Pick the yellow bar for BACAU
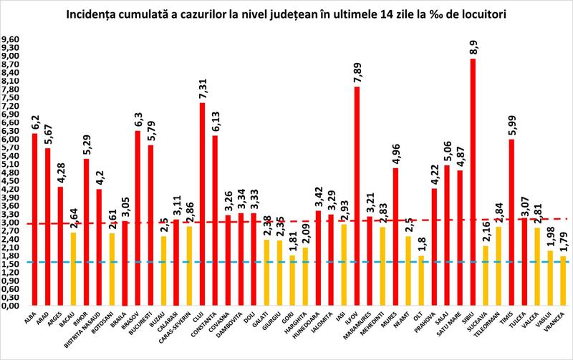(x=73, y=269)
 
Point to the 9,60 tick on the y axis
(x=11, y=40)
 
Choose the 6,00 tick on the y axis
(x=11, y=140)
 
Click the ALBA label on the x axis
(x=30, y=318)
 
